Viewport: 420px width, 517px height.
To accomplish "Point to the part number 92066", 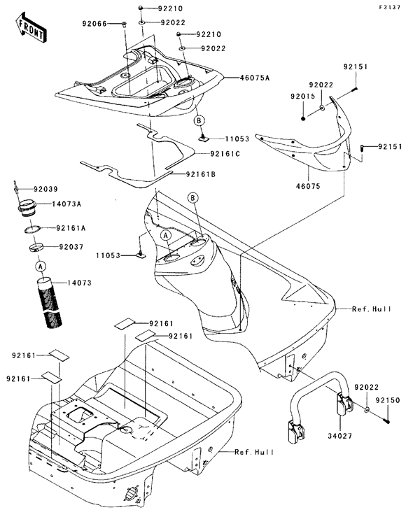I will pos(94,23).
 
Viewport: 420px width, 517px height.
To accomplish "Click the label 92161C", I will pos(225,154).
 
